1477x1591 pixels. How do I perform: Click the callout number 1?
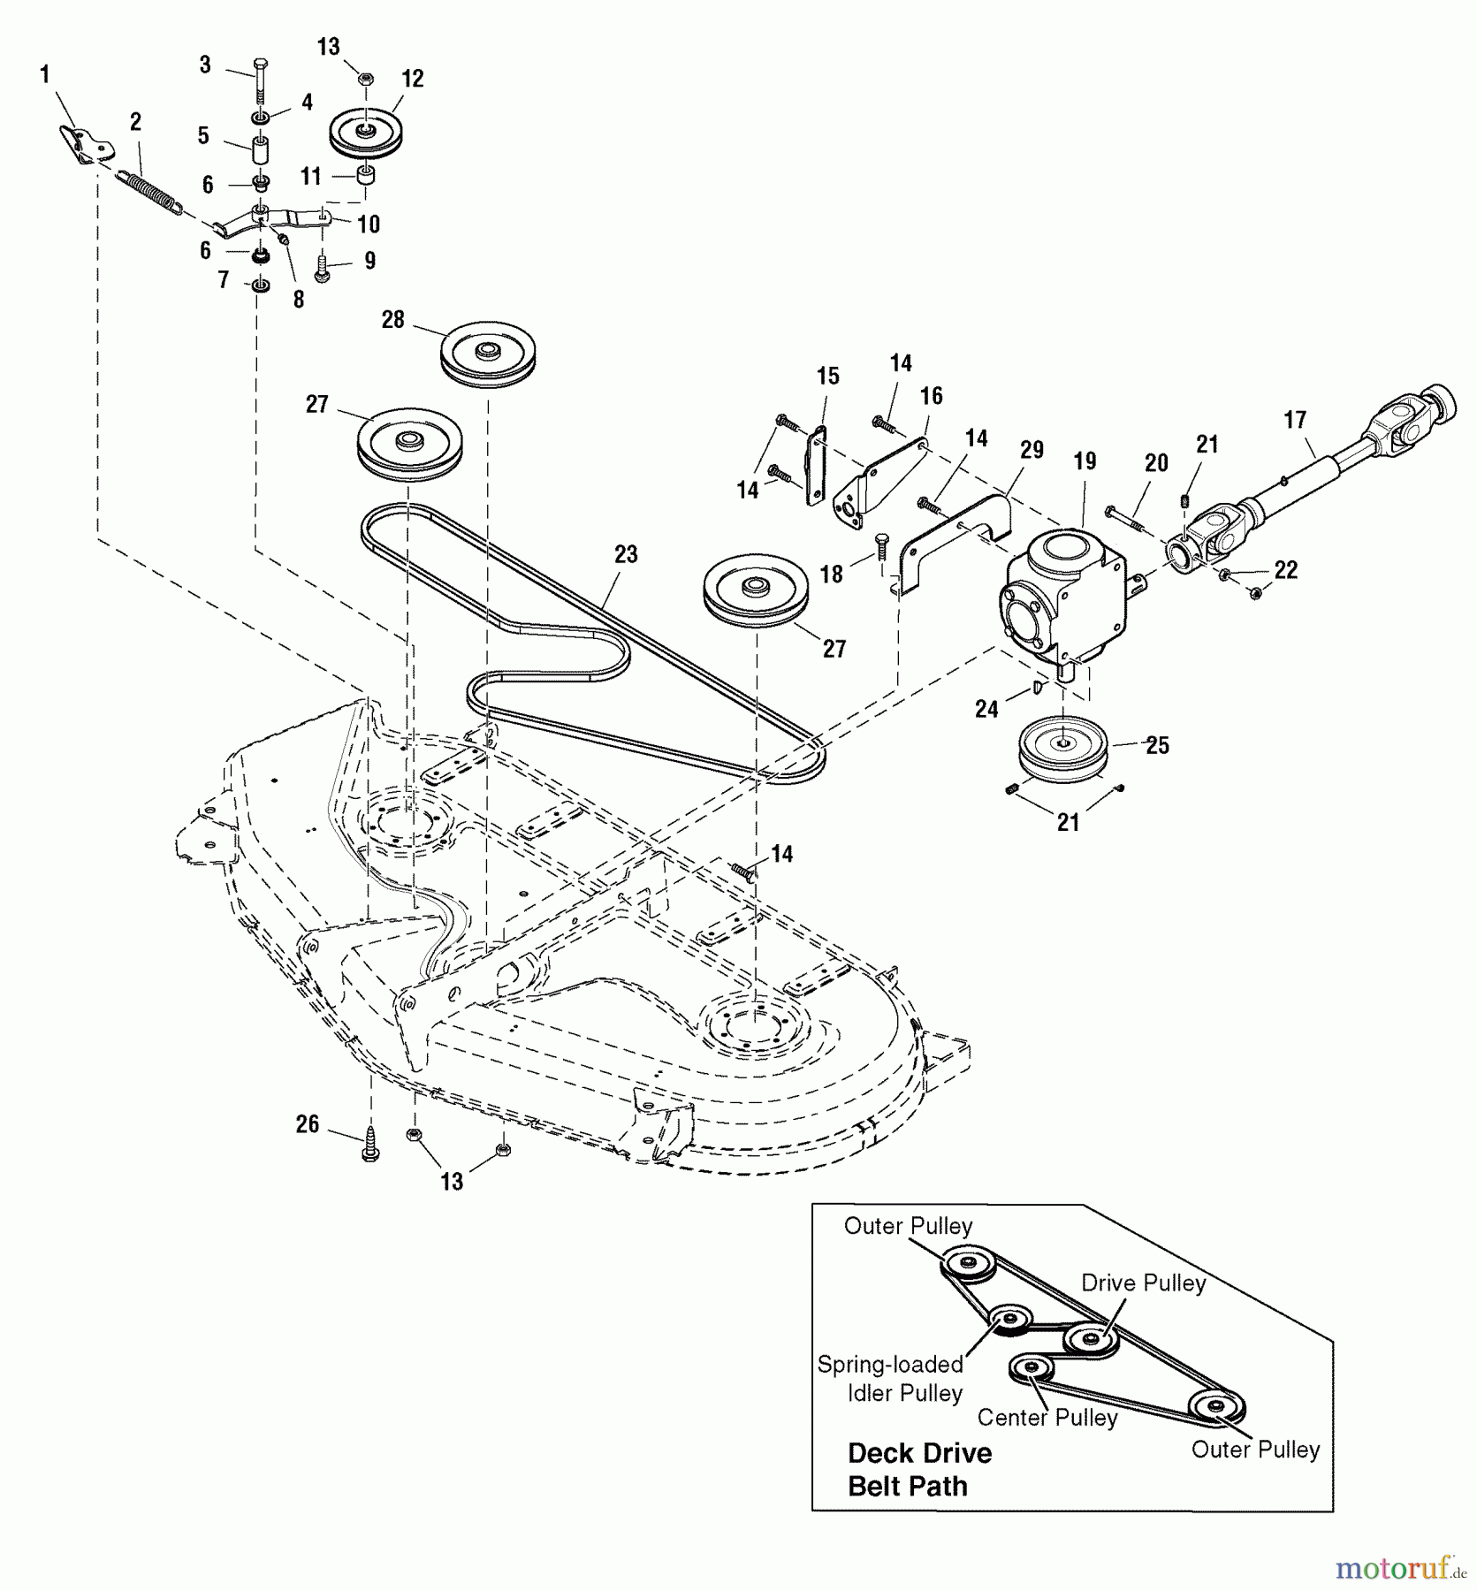44,75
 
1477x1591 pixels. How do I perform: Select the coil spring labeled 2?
151,192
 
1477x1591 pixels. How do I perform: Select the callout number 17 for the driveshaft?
1295,420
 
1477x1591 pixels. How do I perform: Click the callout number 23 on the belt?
626,554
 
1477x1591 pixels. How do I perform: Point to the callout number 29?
1032,450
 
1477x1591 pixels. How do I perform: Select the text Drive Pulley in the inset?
1143,1283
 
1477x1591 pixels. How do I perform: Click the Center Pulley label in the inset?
1047,1417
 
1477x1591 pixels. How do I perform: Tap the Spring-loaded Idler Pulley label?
890,1378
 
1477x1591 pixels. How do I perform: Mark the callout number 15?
827,377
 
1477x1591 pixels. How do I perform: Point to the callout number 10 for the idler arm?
369,224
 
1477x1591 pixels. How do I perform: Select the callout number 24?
986,708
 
